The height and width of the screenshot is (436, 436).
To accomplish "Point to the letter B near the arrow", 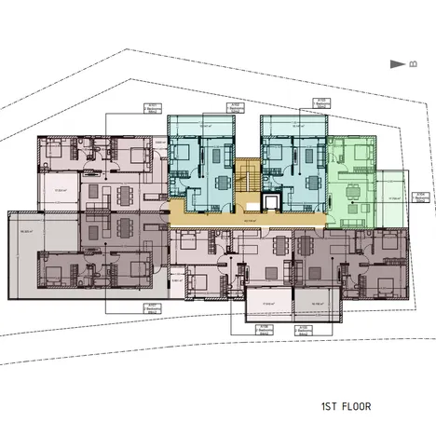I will pos(411,64).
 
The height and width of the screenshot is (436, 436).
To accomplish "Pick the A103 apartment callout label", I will pos(319,102).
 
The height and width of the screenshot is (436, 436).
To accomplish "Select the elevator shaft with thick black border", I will pos(271,201).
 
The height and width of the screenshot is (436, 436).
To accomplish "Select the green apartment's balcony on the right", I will pos(395,198).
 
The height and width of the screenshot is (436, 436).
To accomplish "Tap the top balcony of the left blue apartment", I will pos(200,125).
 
